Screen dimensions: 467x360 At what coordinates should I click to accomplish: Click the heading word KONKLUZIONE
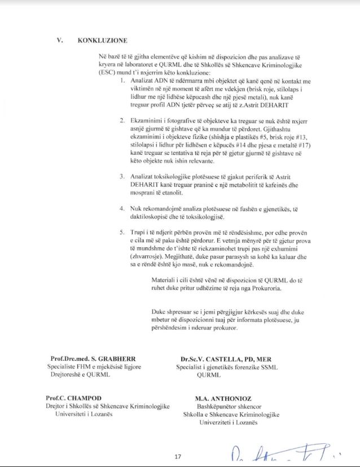click(x=103, y=40)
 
